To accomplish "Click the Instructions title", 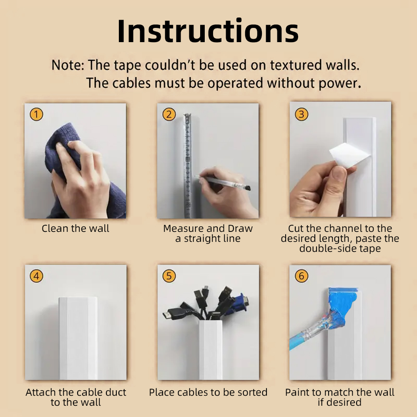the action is pos(208,31).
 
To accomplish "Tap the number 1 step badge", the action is pos(36,114).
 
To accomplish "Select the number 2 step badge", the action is pos(169,114).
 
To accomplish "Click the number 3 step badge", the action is pos(301,114).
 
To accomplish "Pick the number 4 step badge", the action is pos(36,276).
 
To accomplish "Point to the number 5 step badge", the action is pos(169,276).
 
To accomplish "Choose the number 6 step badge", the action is pos(301,276).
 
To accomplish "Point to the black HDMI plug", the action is pos(173,314).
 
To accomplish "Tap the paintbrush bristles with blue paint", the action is pos(338,316).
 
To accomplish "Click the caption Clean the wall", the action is pos(75,229).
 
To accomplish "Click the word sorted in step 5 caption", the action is pos(251,392).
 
